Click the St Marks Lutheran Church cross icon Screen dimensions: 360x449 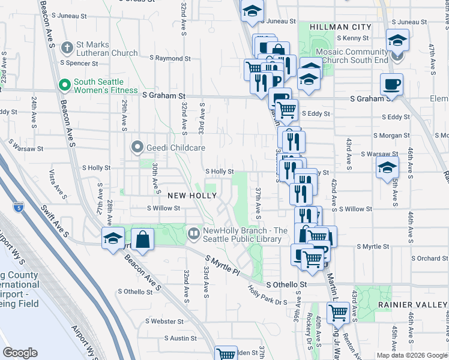click(x=67, y=46)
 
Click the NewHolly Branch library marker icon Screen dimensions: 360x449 click(x=194, y=233)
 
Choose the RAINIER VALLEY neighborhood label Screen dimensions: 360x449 click(x=412, y=305)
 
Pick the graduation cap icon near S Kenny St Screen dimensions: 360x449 click(x=397, y=40)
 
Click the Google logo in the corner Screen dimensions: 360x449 click(x=20, y=353)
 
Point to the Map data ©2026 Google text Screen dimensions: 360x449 click(x=412, y=355)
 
